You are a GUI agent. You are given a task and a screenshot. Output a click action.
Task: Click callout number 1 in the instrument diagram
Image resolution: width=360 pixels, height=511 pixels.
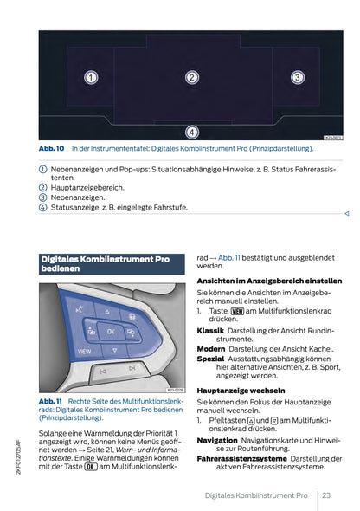90,78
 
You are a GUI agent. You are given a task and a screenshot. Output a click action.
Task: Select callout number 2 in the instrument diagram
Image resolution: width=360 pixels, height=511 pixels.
192,78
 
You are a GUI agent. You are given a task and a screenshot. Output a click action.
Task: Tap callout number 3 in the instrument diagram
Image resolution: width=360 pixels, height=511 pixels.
296,78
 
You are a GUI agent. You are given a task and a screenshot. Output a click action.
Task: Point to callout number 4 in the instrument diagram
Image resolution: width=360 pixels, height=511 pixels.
192,131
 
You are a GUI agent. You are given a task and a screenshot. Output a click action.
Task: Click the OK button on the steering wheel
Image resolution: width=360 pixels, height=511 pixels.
111,330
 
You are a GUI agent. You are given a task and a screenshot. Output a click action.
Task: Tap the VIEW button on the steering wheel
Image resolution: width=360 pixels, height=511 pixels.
85,352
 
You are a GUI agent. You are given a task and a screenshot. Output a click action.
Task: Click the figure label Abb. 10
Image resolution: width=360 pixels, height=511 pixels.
52,149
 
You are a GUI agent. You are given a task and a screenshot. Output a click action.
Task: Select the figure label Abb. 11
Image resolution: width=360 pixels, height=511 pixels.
52,401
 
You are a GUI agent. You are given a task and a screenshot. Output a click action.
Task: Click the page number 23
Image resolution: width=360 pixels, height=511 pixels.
326,495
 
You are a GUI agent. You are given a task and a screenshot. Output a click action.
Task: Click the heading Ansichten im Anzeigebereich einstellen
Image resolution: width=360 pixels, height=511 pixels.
269,281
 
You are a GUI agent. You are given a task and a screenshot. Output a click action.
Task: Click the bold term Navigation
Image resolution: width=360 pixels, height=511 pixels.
217,439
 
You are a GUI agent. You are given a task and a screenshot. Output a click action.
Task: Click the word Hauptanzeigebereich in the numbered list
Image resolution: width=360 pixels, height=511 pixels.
87,186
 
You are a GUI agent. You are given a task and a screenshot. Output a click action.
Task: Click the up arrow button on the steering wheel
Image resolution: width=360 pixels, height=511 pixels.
110,311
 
